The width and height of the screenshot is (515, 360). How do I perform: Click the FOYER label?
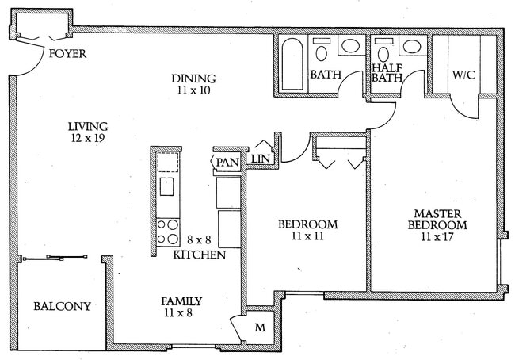[x=67, y=55]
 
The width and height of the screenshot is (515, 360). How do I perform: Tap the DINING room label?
[x=194, y=78]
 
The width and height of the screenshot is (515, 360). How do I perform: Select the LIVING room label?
[x=87, y=126]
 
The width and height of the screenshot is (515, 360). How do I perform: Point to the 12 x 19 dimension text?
[x=87, y=138]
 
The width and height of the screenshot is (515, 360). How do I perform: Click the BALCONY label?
[x=62, y=307]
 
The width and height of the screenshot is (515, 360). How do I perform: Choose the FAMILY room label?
[x=181, y=301]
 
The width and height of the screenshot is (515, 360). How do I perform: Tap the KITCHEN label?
[x=200, y=255]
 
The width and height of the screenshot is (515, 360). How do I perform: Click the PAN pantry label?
[x=227, y=163]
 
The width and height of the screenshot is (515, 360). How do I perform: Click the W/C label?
[x=463, y=75]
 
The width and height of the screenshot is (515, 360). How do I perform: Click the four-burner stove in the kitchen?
[x=167, y=232]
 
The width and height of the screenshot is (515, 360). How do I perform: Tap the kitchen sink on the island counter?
[x=167, y=188]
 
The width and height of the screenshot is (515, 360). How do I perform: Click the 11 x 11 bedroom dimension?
[x=307, y=237]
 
